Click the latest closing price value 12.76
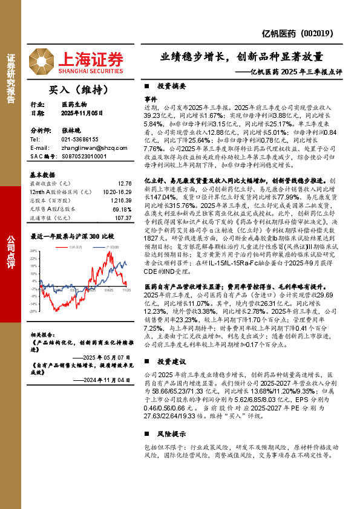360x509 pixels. pos(125,183)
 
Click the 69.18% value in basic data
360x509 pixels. pos(123,209)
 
